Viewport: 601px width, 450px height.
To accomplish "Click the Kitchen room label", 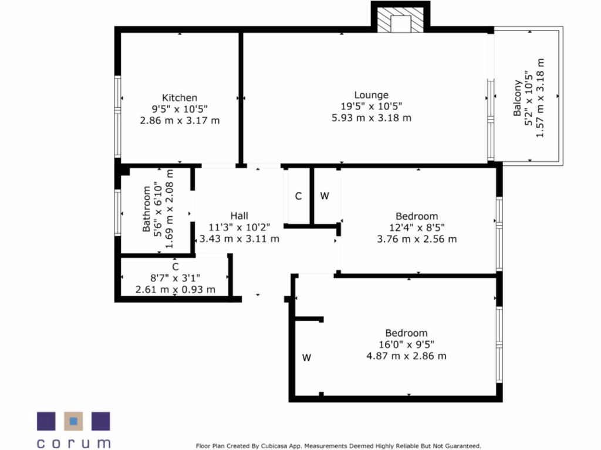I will (180, 98).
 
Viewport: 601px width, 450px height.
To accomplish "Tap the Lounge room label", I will (371, 95).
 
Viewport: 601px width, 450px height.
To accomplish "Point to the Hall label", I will (239, 216).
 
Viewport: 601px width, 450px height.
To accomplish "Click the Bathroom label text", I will (147, 210).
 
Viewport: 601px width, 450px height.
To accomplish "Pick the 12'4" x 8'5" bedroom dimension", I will (417, 227).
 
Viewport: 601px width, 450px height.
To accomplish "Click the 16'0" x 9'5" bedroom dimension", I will (406, 345).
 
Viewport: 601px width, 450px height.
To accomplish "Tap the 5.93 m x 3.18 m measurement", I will (371, 118).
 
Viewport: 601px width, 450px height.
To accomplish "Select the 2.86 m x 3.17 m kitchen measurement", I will (180, 121).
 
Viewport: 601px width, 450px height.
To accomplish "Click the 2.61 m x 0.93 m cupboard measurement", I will (175, 289).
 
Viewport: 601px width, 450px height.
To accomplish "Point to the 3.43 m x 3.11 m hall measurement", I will (239, 238).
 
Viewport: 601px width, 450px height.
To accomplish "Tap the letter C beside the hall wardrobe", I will (298, 196).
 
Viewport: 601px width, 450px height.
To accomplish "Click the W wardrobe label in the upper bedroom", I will (325, 196).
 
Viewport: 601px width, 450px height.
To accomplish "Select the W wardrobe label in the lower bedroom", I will (306, 358).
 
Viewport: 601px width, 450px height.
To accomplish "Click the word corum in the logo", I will (73, 442).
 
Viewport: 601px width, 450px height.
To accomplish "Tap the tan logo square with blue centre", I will (73, 420).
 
